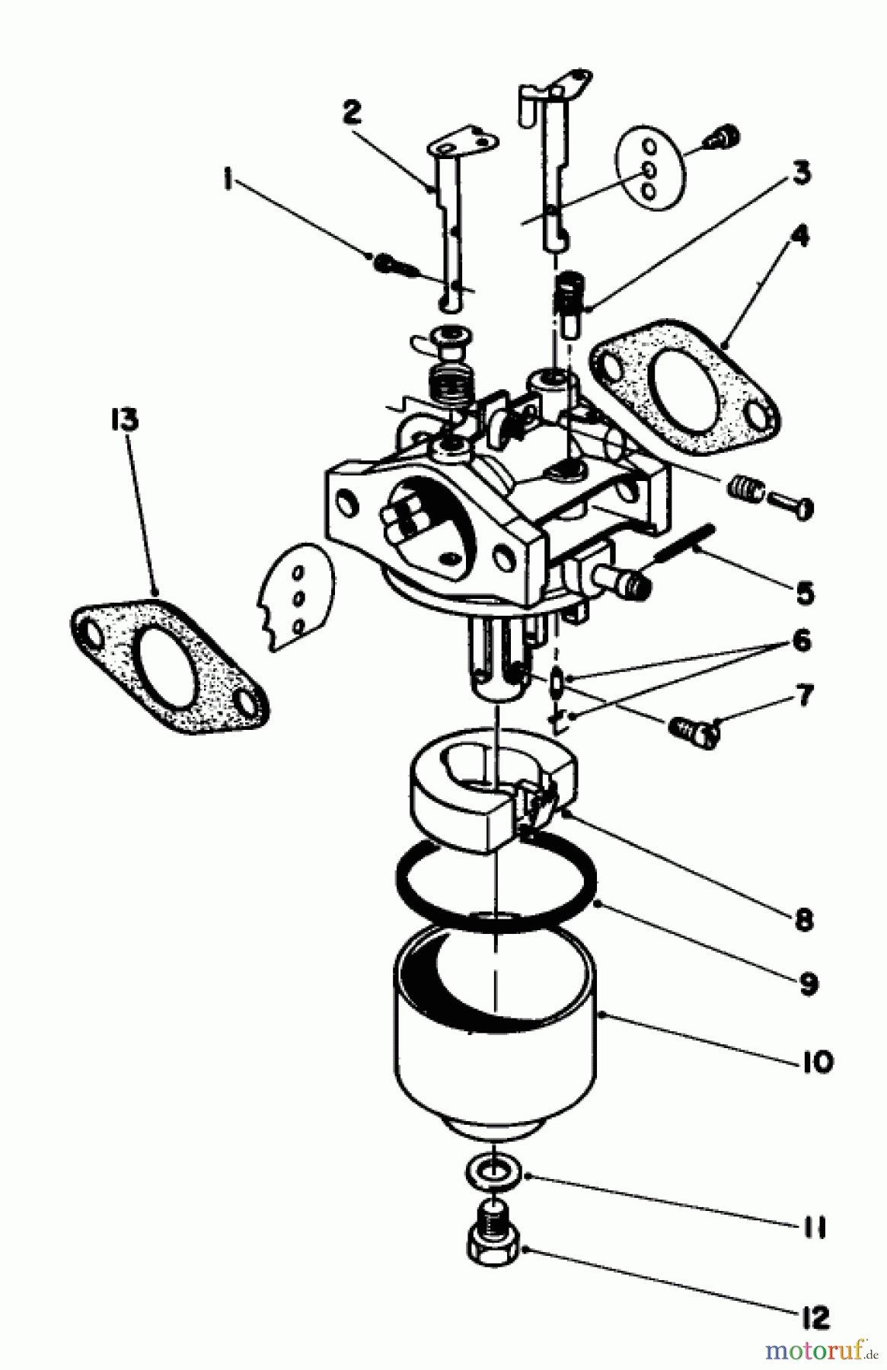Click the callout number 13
(x=124, y=419)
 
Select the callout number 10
(x=816, y=1061)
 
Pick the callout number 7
(x=804, y=695)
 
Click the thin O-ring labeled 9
(x=495, y=883)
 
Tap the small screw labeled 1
(x=389, y=263)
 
